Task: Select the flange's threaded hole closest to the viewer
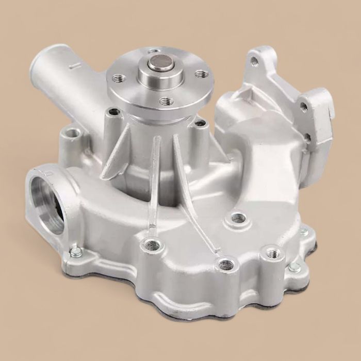coord(166,101)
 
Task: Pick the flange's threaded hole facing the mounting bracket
coord(202,74)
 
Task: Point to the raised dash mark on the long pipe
coord(72,66)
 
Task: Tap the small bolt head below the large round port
coord(76,253)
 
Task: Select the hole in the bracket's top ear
coord(254,61)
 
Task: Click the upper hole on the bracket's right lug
coord(304,107)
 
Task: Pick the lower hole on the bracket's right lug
coord(307,137)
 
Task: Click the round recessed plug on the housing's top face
coord(238,218)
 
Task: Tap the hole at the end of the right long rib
coord(225,265)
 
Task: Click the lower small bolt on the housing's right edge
coord(294,267)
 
